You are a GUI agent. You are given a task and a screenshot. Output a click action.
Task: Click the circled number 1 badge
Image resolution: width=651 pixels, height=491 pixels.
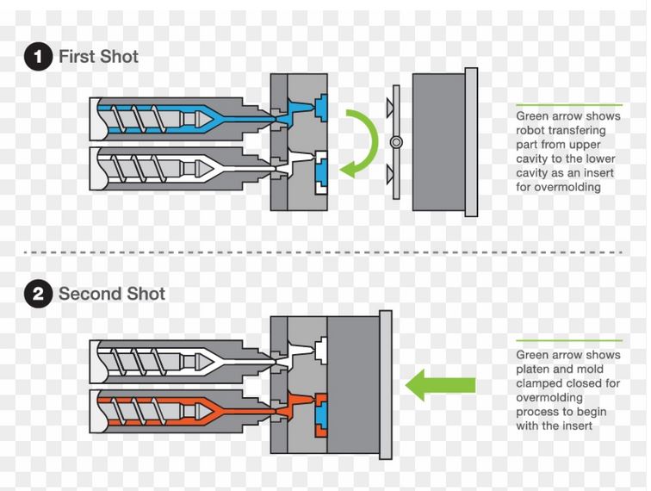click(37, 58)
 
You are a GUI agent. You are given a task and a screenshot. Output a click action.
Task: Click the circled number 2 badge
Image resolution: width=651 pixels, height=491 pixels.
click(37, 295)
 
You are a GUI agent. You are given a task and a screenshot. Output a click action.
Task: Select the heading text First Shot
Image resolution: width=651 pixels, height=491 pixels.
click(98, 57)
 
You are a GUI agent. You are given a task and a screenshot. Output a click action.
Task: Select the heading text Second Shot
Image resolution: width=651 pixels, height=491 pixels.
click(112, 294)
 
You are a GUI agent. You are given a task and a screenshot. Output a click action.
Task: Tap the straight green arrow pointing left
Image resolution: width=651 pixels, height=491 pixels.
click(439, 383)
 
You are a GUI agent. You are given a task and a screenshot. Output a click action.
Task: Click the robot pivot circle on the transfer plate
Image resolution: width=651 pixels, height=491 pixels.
click(395, 142)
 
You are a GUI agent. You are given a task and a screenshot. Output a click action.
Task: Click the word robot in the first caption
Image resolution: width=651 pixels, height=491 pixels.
click(532, 130)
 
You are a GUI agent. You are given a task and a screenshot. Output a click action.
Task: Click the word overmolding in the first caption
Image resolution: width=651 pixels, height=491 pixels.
click(561, 187)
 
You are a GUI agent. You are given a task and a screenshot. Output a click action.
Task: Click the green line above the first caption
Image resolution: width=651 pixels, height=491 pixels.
click(568, 104)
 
